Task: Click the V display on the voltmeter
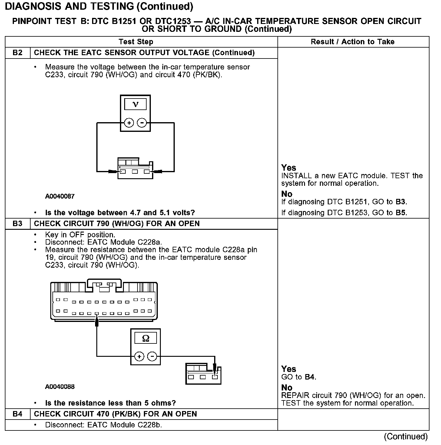(x=135, y=105)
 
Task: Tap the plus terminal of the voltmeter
(x=129, y=123)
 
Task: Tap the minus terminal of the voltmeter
(x=142, y=123)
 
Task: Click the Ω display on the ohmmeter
(x=145, y=338)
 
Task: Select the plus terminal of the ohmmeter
(x=139, y=356)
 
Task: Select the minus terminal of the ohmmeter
(x=152, y=356)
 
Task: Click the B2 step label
(x=18, y=53)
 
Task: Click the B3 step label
(x=18, y=224)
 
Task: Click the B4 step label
(x=18, y=414)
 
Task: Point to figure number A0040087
(x=60, y=196)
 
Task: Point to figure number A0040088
(x=60, y=387)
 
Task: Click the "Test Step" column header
(x=136, y=42)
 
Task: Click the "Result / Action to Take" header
(x=353, y=42)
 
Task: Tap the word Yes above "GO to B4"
(x=289, y=369)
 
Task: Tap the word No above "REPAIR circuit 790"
(x=287, y=388)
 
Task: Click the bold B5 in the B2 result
(x=401, y=212)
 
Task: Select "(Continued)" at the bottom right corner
(x=406, y=437)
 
